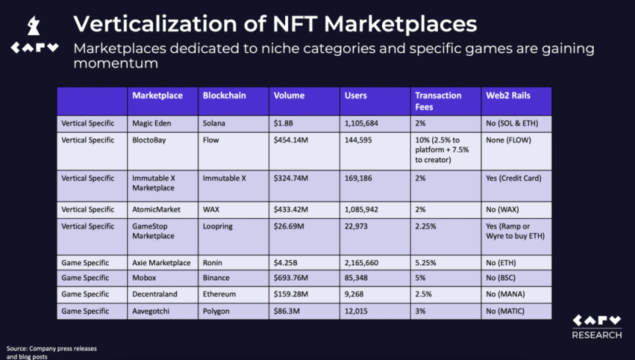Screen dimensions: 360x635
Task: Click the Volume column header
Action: tap(290, 96)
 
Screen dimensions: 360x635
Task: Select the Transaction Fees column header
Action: tap(438, 100)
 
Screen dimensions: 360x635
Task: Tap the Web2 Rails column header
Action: tap(507, 96)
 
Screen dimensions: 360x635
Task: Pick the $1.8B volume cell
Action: tap(284, 123)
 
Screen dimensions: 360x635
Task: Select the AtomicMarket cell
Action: tap(156, 209)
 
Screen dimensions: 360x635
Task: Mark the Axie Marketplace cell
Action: tap(161, 262)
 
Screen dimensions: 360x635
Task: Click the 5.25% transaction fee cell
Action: tap(426, 262)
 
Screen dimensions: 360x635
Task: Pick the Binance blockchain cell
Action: tap(216, 278)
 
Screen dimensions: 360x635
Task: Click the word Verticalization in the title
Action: tap(157, 24)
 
